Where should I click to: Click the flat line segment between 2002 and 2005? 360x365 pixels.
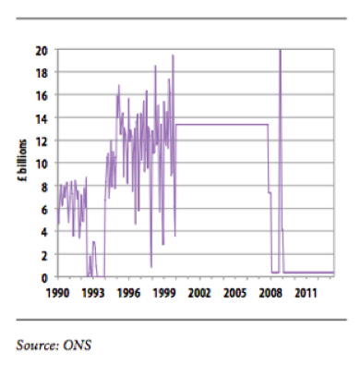point(217,124)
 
